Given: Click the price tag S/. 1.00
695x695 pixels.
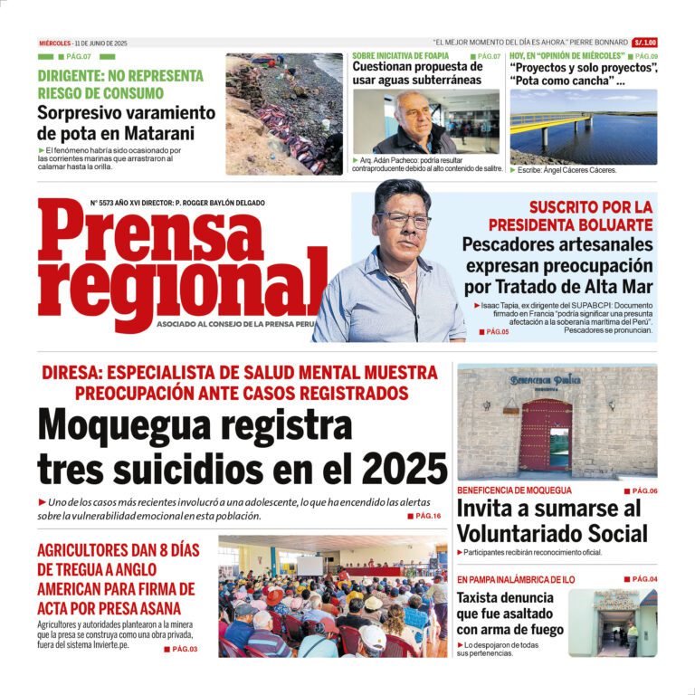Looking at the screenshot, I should pyautogui.click(x=645, y=43).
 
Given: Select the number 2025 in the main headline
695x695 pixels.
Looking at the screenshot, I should pyautogui.click(x=404, y=469).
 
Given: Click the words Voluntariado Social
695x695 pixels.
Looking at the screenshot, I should pyautogui.click(x=551, y=533).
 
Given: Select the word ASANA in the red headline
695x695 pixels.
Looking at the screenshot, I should pyautogui.click(x=157, y=608).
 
